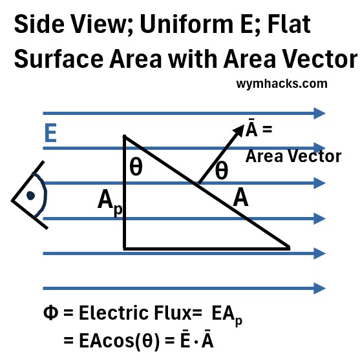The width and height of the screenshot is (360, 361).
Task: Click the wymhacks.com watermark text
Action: click(282, 84)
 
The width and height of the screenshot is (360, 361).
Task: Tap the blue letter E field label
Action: click(50, 133)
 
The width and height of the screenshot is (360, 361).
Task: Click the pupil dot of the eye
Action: click(30, 196)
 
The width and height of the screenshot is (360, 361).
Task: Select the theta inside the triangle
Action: click(136, 167)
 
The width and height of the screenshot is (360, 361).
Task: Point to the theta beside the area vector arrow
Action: click(222, 170)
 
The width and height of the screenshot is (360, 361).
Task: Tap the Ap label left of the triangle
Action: click(110, 202)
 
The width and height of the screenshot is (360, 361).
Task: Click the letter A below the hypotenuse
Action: click(240, 197)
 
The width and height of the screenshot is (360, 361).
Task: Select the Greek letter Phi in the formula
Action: click(50, 313)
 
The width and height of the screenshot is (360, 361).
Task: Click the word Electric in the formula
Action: click(114, 313)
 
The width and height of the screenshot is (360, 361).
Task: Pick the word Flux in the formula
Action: click(173, 313)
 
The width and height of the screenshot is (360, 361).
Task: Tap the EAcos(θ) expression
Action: click(119, 341)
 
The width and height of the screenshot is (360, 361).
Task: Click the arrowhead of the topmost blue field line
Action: click(320, 113)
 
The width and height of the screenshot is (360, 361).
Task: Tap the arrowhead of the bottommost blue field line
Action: click(320, 289)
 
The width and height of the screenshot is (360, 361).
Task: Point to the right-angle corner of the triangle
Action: click(125, 249)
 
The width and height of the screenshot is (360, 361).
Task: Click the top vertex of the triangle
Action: click(125, 136)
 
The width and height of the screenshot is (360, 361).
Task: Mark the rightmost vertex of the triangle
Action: click(290, 248)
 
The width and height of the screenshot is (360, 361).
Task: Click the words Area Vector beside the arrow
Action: click(293, 156)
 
